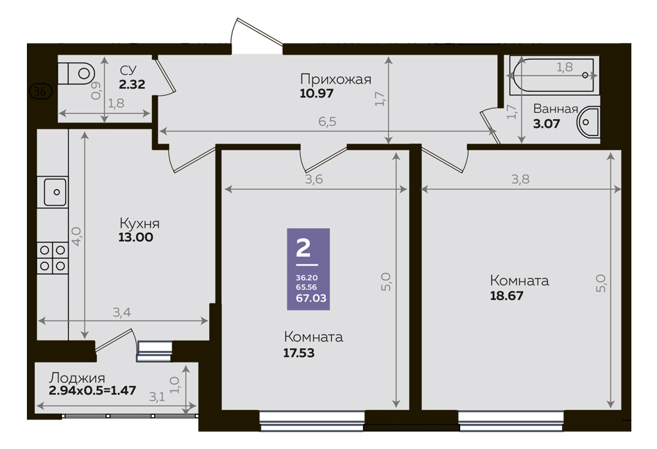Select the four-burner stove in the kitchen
[53, 258]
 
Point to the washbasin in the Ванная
[588, 122]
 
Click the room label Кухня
[139, 223]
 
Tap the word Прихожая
[336, 79]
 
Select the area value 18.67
[507, 296]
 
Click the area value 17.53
[299, 353]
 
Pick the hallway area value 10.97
[317, 93]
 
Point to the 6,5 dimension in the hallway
[327, 121]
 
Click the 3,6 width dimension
[314, 179]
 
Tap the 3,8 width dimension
[520, 179]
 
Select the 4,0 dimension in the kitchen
[76, 236]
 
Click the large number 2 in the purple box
[303, 248]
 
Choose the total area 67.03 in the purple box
[311, 298]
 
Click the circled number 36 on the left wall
[40, 91]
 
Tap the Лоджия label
[77, 378]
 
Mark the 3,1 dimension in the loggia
[157, 397]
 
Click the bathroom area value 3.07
[547, 124]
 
